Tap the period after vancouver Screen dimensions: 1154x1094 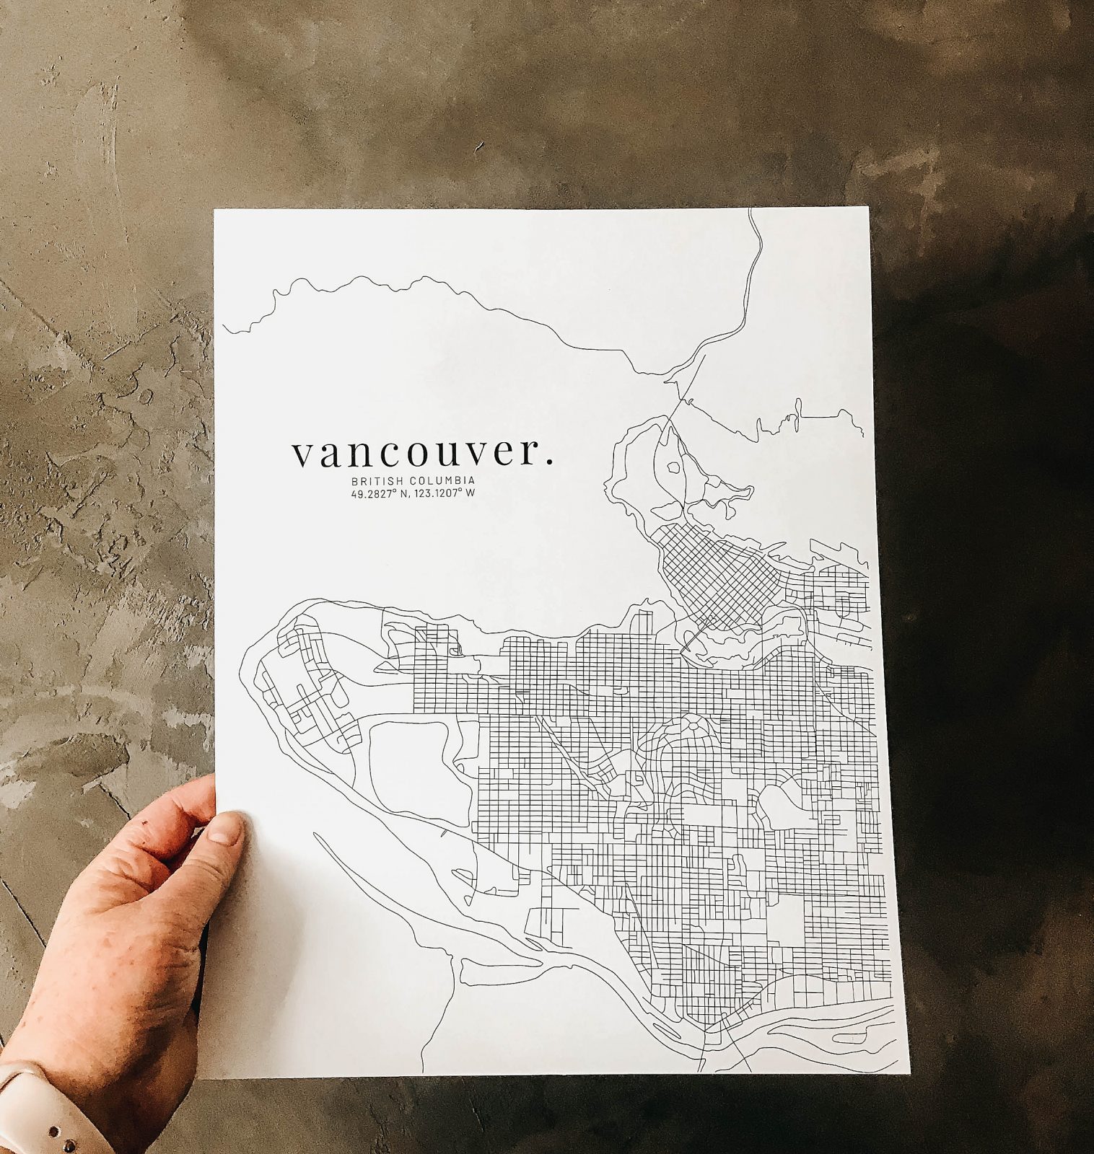[x=550, y=462]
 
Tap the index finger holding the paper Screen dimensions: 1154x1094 [x=191, y=801]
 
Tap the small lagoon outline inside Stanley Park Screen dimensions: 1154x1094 [x=673, y=467]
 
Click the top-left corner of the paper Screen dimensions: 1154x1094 [x=216, y=211]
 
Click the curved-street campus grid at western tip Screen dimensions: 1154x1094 [x=310, y=685]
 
